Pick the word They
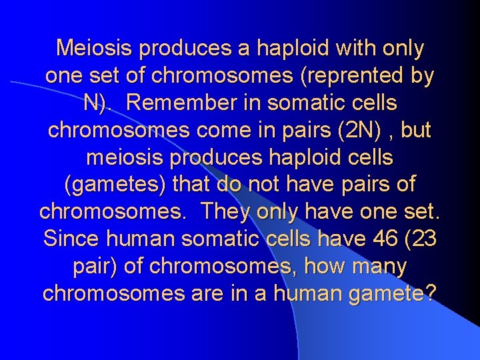pyautogui.click(x=224, y=212)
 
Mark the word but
pyautogui.click(x=415, y=130)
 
